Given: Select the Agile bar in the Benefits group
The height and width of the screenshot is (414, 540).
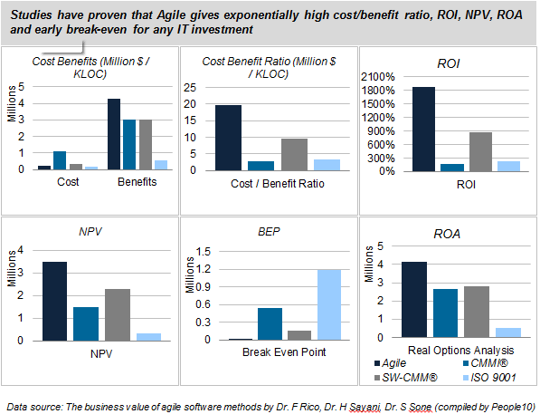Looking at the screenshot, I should (114, 133).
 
